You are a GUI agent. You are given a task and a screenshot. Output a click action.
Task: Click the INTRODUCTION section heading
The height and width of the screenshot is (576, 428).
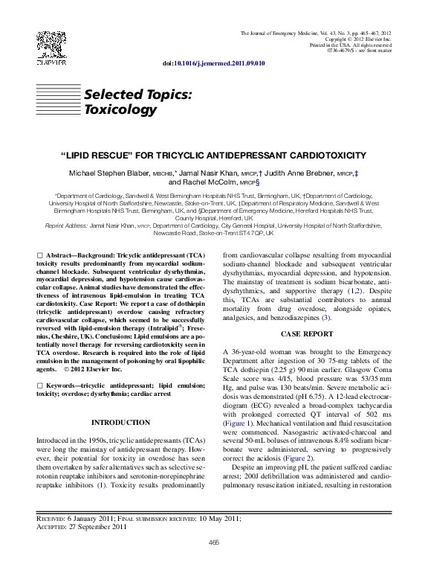(x=120, y=423)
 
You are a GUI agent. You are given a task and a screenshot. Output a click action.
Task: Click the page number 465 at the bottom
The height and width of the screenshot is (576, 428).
(x=214, y=542)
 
